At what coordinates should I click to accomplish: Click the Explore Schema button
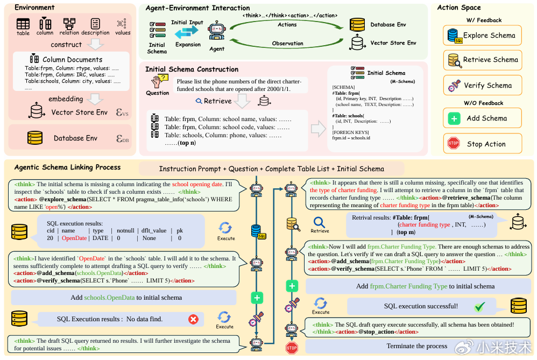point(483,36)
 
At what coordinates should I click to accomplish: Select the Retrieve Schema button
point(483,60)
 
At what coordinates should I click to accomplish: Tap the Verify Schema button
point(483,86)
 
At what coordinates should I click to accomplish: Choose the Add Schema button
point(483,118)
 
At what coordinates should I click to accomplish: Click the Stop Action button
point(483,144)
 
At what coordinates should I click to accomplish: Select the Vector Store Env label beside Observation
point(393,43)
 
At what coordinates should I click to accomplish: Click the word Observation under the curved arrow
point(288,43)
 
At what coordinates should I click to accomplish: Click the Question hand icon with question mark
point(158,81)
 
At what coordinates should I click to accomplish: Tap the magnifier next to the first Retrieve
point(199,101)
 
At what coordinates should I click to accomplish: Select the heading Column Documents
point(72,59)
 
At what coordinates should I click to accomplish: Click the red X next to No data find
point(193,320)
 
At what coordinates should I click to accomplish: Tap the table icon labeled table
point(23,24)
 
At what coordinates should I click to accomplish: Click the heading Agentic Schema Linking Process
point(67,167)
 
